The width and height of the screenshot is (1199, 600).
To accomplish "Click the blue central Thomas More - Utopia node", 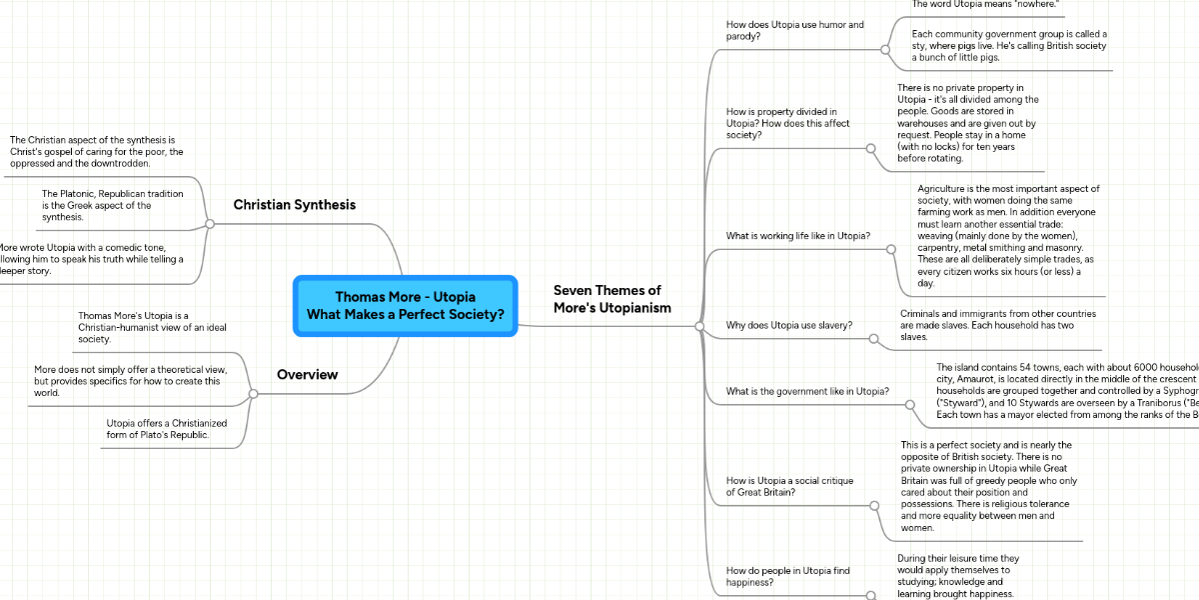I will point(405,305).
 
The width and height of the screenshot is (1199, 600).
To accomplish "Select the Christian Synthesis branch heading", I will point(294,205).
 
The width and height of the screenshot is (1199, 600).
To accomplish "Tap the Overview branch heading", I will point(307,375).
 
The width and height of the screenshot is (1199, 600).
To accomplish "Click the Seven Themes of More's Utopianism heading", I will point(611,299).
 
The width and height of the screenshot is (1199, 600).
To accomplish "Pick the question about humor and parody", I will point(794,31).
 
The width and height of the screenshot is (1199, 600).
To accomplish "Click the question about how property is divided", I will point(788,123).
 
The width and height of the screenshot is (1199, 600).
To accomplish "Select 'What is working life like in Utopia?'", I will point(797,236).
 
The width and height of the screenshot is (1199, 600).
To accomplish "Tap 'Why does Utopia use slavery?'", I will point(788,325).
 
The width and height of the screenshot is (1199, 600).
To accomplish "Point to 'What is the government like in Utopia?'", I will point(806,391).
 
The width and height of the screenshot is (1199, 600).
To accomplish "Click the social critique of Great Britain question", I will point(789,487).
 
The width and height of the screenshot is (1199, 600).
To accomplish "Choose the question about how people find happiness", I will point(787,576).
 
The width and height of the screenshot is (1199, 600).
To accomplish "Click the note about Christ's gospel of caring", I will point(96,151).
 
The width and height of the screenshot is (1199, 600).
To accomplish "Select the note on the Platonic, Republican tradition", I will point(112,205).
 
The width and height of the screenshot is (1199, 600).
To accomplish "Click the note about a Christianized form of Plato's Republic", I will point(166,429).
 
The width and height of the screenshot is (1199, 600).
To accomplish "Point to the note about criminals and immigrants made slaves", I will point(985,325).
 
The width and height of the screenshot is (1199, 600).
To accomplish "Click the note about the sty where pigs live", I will point(1009,46).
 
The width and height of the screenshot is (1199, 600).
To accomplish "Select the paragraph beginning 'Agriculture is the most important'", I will point(1007,236).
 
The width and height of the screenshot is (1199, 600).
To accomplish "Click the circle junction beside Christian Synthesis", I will point(210,224).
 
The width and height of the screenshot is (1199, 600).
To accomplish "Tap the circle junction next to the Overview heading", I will point(253,394).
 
